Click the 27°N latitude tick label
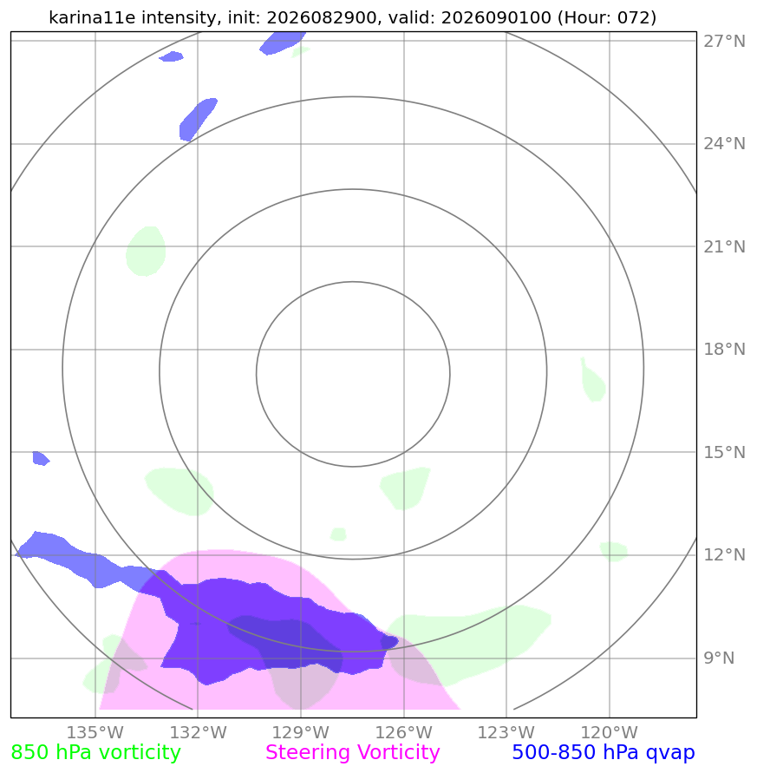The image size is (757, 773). [x=724, y=41]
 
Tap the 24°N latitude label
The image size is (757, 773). [x=724, y=143]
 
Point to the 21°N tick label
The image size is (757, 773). [x=724, y=246]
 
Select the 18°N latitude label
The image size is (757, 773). [x=724, y=349]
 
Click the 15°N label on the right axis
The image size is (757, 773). [x=724, y=452]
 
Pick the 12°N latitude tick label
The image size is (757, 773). [x=724, y=554]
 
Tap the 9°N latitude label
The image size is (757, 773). [x=719, y=658]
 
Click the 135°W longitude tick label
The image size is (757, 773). [x=95, y=732]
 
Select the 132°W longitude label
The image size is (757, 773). [x=198, y=732]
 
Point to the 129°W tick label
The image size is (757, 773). [x=301, y=732]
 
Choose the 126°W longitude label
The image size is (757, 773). [x=403, y=732]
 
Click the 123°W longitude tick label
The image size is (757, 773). [x=506, y=732]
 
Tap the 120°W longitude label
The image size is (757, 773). [x=609, y=732]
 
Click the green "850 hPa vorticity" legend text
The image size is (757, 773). [x=95, y=752]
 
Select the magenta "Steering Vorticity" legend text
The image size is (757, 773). [x=352, y=752]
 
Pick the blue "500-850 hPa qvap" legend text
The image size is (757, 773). [x=604, y=752]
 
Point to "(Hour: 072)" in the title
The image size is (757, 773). [x=607, y=17]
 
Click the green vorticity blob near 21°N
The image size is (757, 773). [x=146, y=252]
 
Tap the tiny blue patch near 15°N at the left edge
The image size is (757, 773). [x=41, y=458]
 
